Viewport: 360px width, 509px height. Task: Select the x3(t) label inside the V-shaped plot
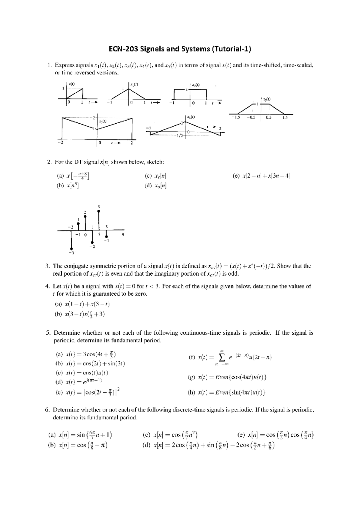coord(102,121)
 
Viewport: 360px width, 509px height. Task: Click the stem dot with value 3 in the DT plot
coord(99,212)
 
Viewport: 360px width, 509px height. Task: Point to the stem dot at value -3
coord(71,248)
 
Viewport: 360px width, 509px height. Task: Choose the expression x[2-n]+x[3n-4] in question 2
coord(266,176)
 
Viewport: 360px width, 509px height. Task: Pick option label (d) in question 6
coord(146,446)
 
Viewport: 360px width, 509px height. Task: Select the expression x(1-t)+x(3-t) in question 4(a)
coord(87,304)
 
